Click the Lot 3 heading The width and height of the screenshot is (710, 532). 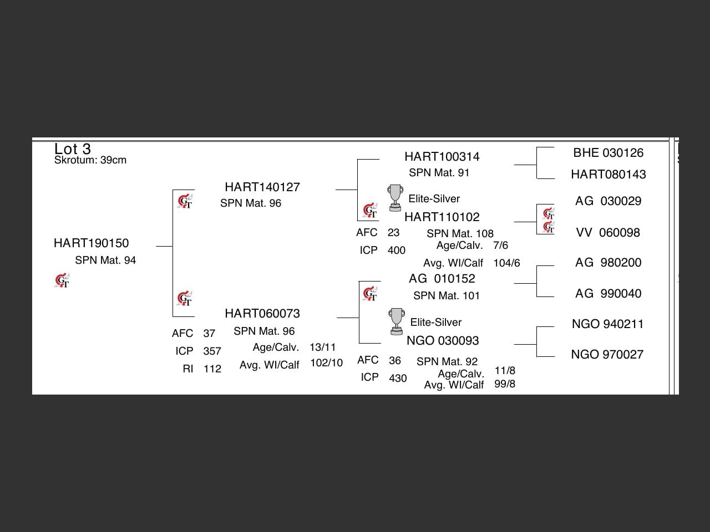pos(72,149)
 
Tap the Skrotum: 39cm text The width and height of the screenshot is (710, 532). pos(90,160)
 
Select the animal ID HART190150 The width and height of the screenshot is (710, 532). pos(91,243)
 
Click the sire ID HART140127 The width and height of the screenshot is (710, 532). pos(262,187)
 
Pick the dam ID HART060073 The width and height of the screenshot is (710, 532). pos(262,314)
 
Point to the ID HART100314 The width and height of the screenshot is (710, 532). pos(442,157)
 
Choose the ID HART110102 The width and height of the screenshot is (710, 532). pos(442,217)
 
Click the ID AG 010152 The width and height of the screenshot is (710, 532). pos(442,279)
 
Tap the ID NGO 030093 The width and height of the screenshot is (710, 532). pos(442,341)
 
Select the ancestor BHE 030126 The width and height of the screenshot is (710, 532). pos(608,153)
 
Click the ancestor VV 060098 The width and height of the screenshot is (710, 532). pos(607,233)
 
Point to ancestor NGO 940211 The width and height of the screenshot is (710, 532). pos(607,324)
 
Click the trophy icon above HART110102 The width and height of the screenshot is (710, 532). pos(395,198)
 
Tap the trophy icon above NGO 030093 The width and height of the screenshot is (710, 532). pos(396,321)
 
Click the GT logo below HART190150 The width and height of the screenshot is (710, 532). pos(62,281)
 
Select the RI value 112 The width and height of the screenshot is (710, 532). pos(212,369)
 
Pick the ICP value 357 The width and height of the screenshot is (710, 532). pos(212,351)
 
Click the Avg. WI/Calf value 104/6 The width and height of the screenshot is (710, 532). pos(506,263)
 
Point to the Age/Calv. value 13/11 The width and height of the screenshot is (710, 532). pos(322,347)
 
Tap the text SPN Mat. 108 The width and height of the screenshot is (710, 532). pos(460,234)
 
